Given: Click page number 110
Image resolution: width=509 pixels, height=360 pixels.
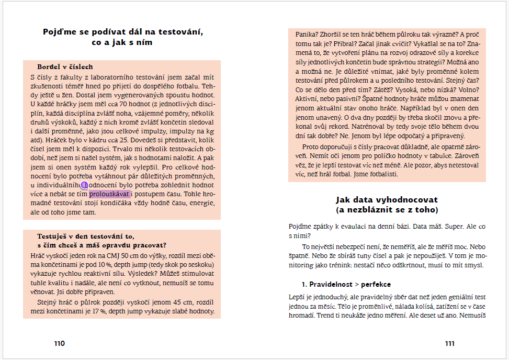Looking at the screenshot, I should (59, 344).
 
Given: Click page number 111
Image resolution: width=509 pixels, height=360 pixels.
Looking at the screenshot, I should (449, 344).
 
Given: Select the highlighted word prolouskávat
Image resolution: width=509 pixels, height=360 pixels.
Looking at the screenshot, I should (109, 195).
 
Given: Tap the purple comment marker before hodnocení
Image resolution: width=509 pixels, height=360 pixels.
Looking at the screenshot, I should (84, 185).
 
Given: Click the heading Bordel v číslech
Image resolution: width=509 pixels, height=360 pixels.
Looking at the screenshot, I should (65, 67).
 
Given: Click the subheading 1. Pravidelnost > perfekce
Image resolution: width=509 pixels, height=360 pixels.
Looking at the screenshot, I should (346, 285).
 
